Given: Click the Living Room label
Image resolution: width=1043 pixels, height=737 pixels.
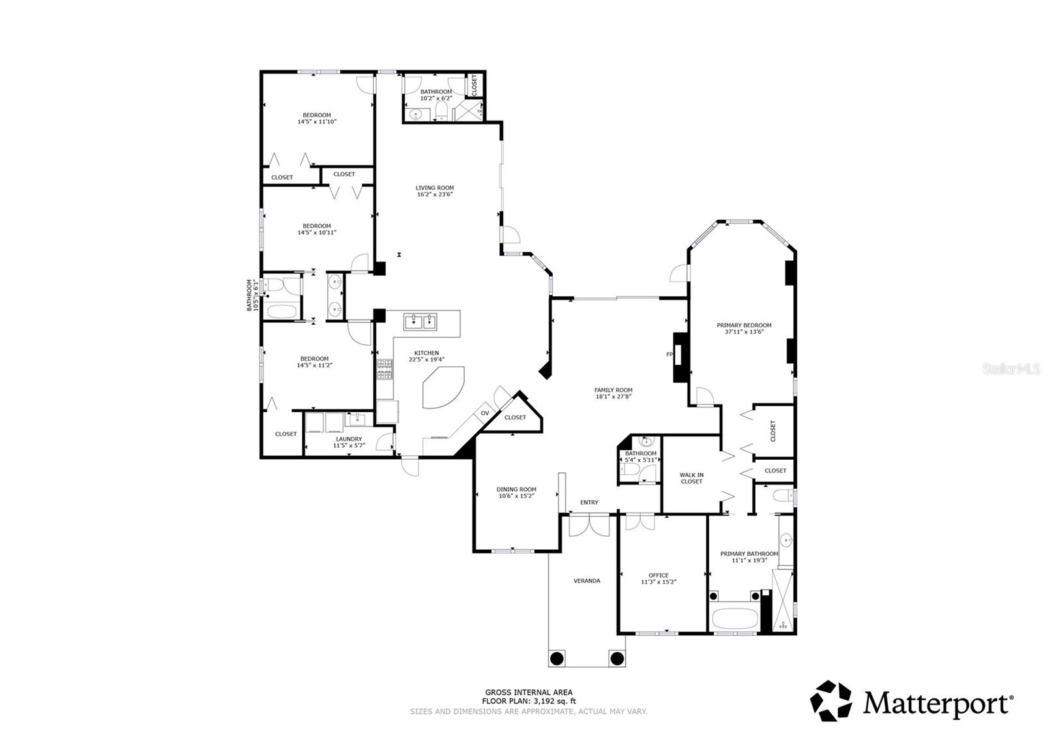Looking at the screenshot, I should pos(435,188).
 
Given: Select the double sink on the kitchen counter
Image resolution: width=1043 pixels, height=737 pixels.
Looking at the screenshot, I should pos(420,321).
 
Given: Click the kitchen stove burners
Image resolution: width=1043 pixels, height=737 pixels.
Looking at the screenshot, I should pos(385,370).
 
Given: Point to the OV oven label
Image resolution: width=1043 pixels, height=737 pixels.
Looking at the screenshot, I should pos(485,414).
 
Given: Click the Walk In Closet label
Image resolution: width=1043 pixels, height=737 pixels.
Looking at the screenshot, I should pos(691,478).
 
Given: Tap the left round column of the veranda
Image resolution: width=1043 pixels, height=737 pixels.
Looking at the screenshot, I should pos(557,657).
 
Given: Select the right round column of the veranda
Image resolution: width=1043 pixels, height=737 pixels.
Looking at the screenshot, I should pos(616,657).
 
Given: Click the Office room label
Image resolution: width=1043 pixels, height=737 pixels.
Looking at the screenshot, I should pos(658,575).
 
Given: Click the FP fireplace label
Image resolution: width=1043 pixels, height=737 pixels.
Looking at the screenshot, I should pos(669,355).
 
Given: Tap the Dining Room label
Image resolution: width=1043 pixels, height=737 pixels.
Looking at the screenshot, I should pos(516,489).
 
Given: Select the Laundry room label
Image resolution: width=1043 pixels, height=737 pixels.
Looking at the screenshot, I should pos(349,439).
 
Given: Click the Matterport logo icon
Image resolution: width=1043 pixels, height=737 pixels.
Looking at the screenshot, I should pos(831,701).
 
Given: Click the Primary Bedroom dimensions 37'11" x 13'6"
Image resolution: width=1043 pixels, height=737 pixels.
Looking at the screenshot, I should pos(744,332).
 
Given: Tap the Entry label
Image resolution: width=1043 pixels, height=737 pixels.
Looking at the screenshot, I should pos(589,502).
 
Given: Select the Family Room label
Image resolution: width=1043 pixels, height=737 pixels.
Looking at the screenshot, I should pos(613,390).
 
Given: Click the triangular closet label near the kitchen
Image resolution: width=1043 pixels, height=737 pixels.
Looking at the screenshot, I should pos(515,417).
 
